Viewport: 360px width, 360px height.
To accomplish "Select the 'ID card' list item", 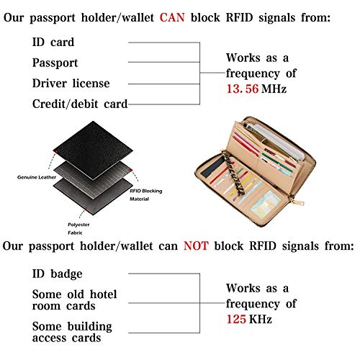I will (53, 43).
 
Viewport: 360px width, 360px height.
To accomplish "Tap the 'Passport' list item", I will (55, 63).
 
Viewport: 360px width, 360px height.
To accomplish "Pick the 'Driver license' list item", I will (70, 84).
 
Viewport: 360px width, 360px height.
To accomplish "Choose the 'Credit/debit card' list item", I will (79, 104).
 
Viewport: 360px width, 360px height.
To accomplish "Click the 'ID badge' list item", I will (57, 274).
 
